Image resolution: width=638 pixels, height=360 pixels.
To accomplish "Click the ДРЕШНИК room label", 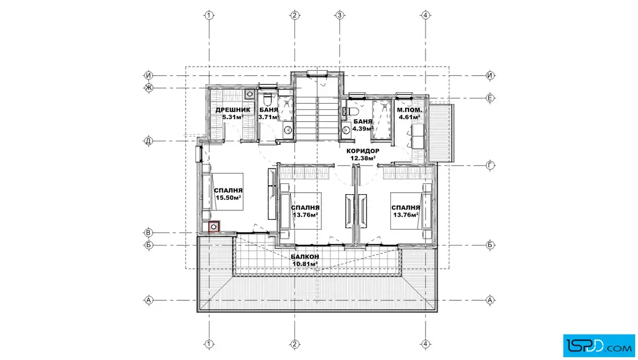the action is pos(230,110).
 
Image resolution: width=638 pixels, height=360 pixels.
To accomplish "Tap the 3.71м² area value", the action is pos(268,117).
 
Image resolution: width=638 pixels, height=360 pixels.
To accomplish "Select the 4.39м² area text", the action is pos(362,129).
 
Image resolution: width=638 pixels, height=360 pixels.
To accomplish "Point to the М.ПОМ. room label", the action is pos(410,110).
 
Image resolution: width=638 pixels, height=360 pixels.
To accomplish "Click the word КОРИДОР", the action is pos(362,151).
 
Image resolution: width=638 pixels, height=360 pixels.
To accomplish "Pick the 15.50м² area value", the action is pos(228,198).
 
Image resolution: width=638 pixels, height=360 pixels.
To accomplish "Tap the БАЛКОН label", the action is pos(305,257).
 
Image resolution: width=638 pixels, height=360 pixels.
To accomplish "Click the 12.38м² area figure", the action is pos(362,158).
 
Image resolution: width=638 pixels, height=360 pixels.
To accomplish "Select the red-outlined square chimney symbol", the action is pos(214,227).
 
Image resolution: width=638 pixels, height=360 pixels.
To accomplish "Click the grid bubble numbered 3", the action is pos(340,15).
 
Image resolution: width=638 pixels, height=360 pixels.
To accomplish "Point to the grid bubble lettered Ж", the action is pos(149,88).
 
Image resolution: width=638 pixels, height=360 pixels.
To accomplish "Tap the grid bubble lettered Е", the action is pos(490,98).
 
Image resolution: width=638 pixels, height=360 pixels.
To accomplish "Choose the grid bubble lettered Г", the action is pos(490,165).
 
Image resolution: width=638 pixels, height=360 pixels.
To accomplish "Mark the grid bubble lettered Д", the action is pos(149,141).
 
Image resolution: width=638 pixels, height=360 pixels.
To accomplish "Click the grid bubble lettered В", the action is pos(149,232).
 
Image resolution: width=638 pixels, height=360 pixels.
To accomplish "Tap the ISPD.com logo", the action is pos(599,346).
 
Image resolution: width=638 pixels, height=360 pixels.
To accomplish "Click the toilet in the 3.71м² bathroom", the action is pos(267,99).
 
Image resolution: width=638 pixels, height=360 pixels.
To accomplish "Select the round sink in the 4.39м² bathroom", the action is pos(346,130).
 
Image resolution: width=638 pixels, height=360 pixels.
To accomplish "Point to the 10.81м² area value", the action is pos(305,264).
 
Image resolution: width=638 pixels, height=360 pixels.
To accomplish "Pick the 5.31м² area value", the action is pos(233,117).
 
